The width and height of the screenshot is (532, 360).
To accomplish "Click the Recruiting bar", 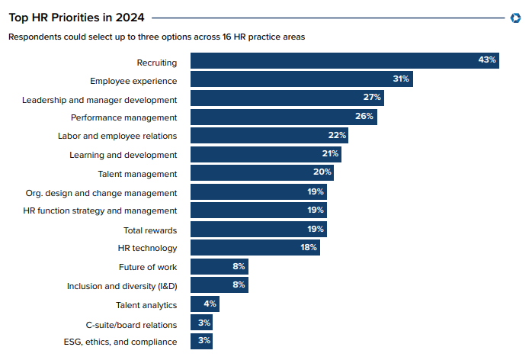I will [x=343, y=61].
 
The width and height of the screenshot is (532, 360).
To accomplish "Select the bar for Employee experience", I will [x=301, y=79].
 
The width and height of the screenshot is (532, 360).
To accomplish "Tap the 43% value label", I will [x=487, y=60].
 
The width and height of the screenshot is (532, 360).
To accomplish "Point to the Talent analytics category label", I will [x=146, y=305].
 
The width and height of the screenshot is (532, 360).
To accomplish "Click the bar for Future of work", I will [x=219, y=267].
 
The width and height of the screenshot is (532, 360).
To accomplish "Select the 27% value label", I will [x=372, y=98].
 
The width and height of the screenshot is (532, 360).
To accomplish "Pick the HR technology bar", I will [x=255, y=248].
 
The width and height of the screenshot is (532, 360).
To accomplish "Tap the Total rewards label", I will [x=150, y=230].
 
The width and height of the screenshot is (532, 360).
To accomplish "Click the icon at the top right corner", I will [x=515, y=18].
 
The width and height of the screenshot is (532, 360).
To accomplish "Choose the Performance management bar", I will [x=284, y=117].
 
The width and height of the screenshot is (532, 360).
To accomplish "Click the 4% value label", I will [x=210, y=304].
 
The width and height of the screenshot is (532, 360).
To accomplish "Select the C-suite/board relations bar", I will [x=201, y=323].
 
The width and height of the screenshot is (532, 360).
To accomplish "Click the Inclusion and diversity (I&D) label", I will [x=122, y=286].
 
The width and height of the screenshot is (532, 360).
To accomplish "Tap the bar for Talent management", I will [x=261, y=173].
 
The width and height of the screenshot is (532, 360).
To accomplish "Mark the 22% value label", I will [x=337, y=136].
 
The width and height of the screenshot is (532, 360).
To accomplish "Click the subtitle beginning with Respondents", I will [x=162, y=37].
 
